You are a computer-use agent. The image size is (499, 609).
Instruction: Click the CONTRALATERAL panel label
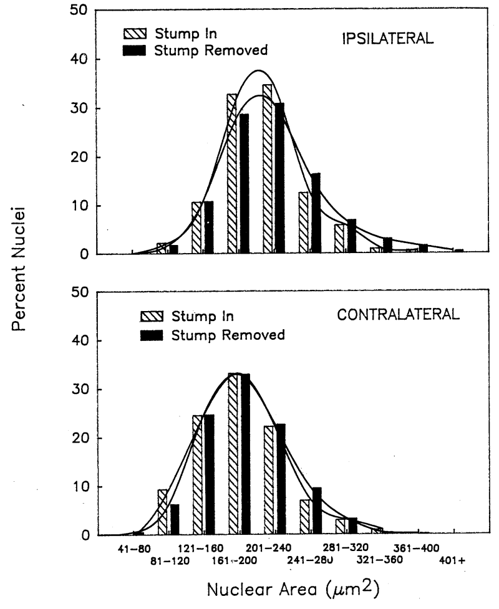click(x=399, y=314)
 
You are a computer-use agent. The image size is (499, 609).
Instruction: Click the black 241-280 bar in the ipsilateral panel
click(x=316, y=213)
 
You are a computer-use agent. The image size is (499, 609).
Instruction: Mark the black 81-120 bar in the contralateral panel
click(x=175, y=519)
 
